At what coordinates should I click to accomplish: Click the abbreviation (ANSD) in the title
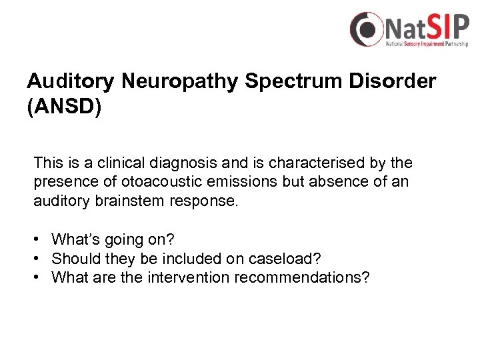click(x=64, y=107)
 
